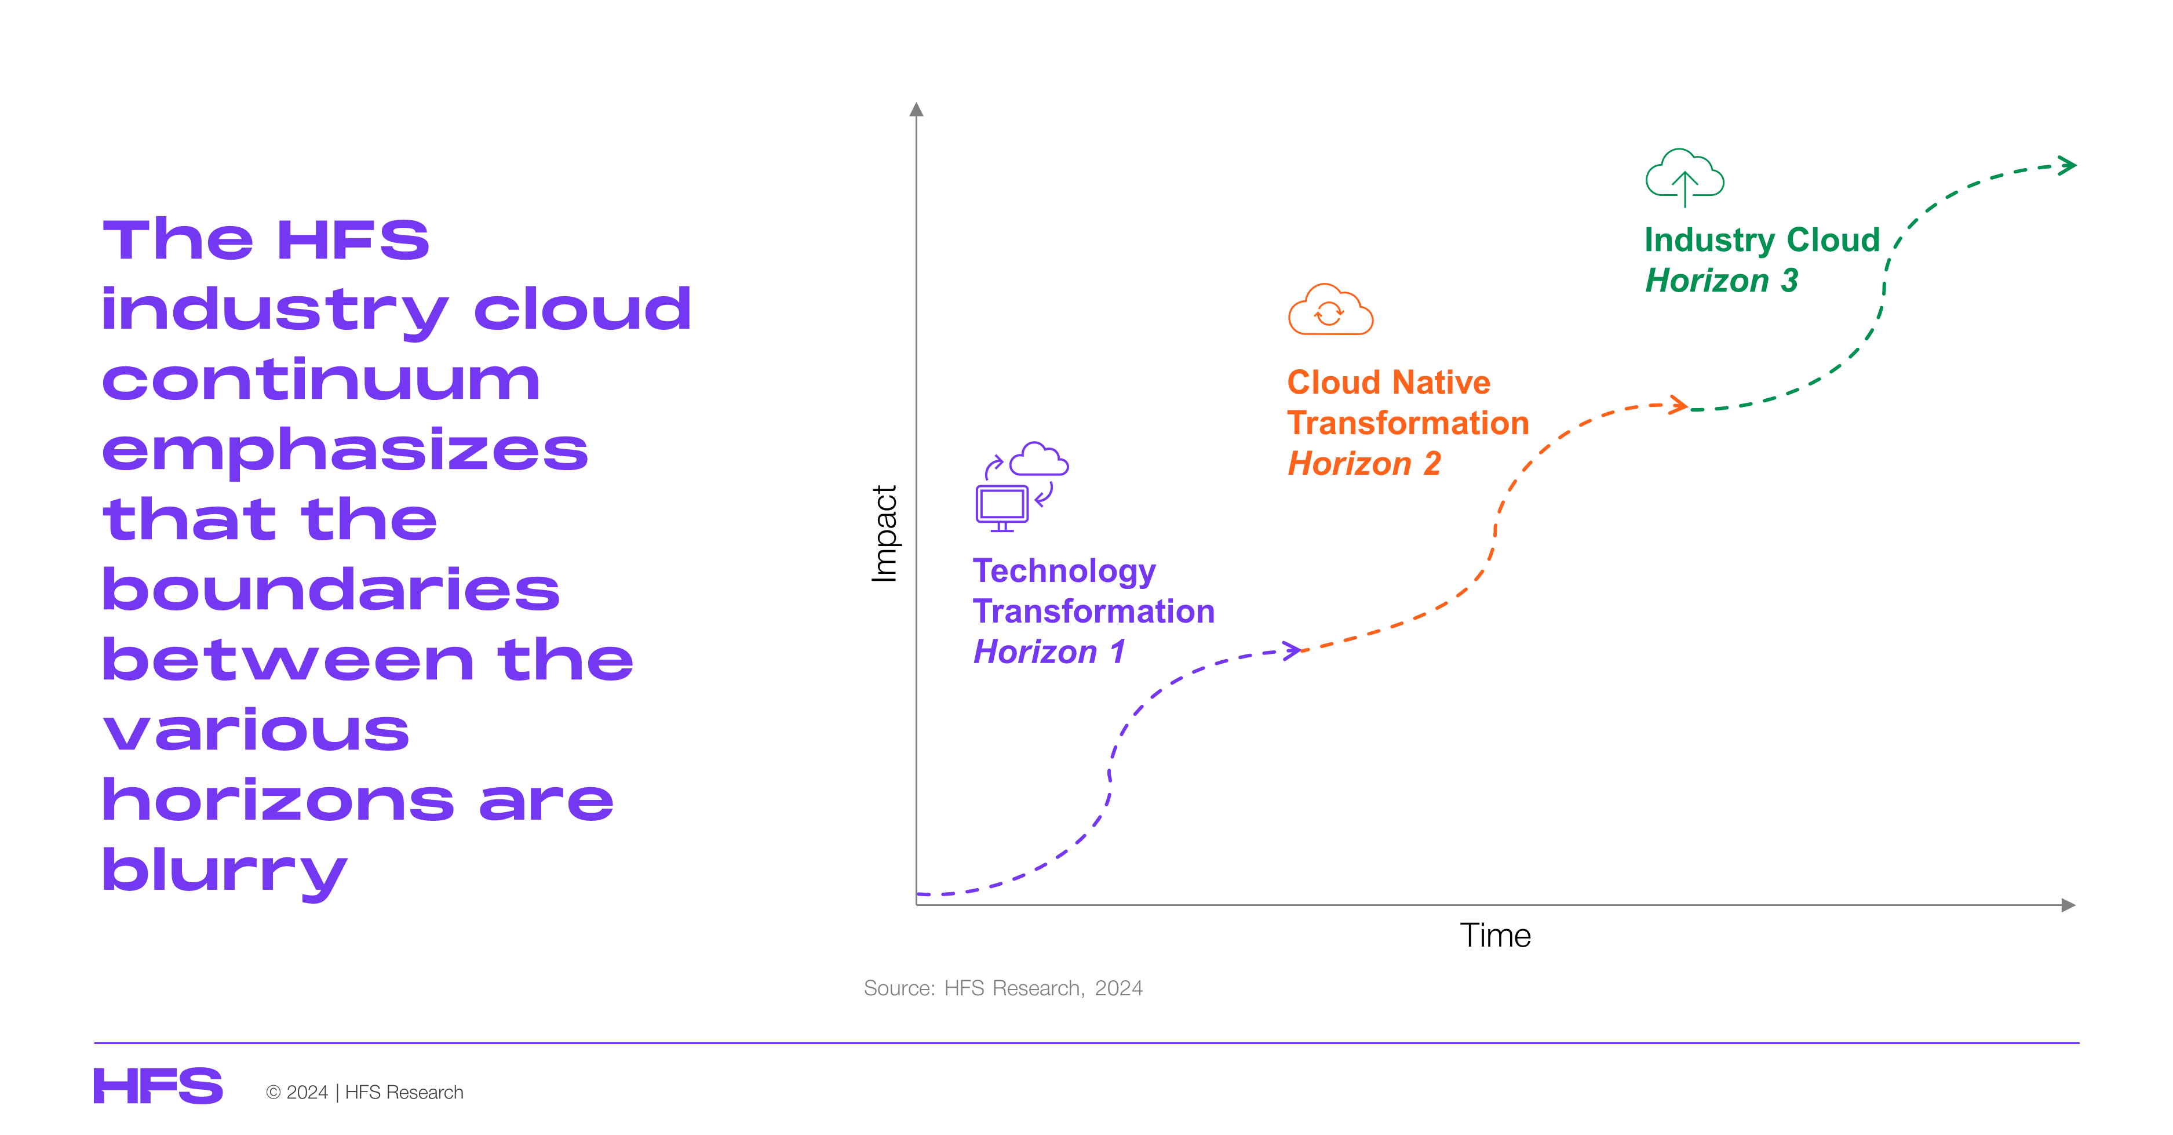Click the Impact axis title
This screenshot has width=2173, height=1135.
point(884,533)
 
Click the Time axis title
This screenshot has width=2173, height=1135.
point(1495,935)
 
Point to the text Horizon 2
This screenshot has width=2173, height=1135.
point(1364,463)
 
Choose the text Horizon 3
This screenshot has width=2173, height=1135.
point(1722,280)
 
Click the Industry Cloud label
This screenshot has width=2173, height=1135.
point(1762,239)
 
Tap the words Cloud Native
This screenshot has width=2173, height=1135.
point(1388,382)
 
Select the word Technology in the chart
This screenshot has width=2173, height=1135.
point(1064,572)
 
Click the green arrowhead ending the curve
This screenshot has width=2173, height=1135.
point(2067,165)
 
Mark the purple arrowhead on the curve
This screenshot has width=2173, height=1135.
point(1292,650)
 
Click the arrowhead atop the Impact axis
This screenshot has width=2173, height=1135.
point(916,109)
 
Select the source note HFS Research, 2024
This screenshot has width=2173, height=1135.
point(1003,988)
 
